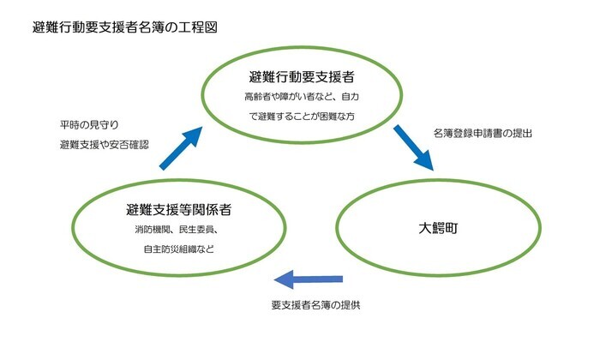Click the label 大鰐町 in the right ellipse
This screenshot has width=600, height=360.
pos(438,228)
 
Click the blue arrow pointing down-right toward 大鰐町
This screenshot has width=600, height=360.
pos(415,148)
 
